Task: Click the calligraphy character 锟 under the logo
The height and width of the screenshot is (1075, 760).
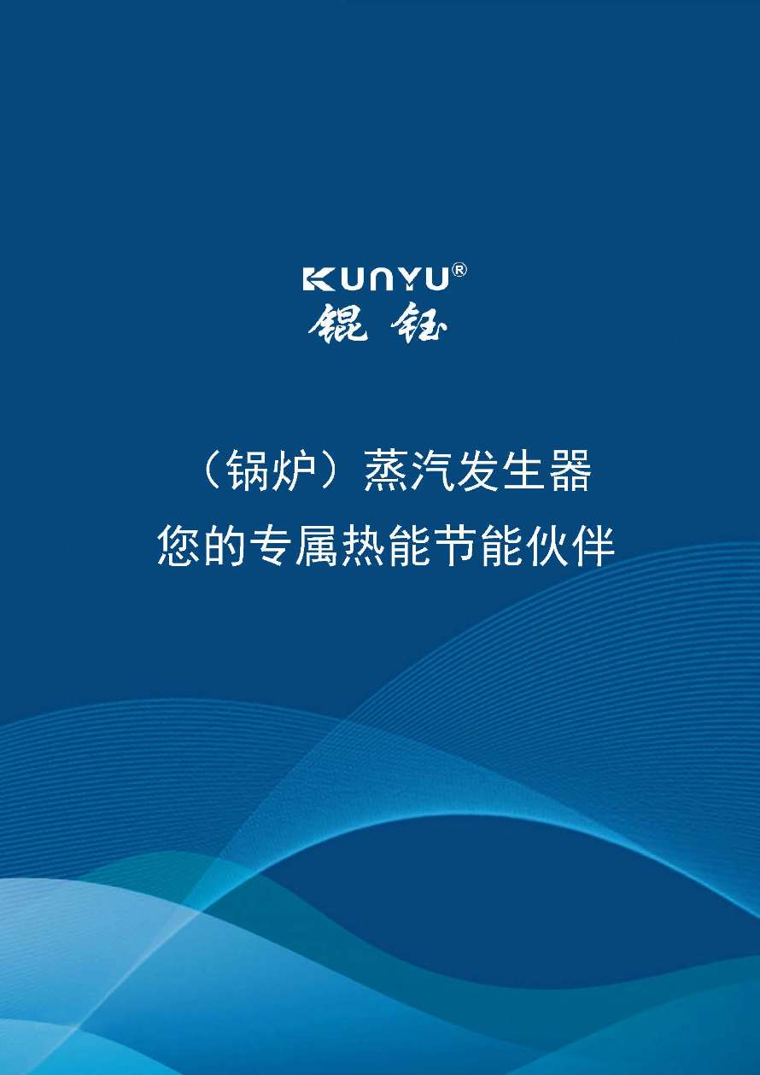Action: pyautogui.click(x=338, y=324)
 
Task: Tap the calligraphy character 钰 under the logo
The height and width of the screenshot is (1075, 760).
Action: pyautogui.click(x=418, y=324)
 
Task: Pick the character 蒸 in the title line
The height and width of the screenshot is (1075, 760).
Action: pyautogui.click(x=385, y=470)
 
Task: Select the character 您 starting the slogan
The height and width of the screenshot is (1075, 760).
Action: pyautogui.click(x=179, y=546)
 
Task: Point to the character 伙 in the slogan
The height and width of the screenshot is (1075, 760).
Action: pyautogui.click(x=547, y=546)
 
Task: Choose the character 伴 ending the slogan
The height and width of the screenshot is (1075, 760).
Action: pyautogui.click(x=593, y=546)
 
